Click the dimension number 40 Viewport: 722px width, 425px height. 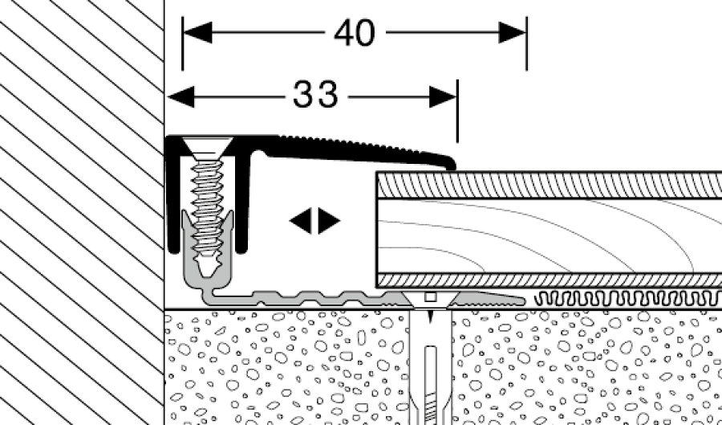(x=354, y=33)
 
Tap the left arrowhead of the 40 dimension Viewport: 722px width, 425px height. (x=197, y=33)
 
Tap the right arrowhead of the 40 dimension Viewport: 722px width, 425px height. (x=512, y=33)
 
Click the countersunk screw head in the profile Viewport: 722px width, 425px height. (x=207, y=148)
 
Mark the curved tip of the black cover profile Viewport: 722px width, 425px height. (x=449, y=165)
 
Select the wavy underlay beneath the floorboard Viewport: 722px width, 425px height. (x=626, y=299)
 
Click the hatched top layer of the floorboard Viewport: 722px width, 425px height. (x=546, y=186)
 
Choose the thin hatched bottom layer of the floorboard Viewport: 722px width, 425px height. (x=546, y=279)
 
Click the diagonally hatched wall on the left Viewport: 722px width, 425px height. (x=80, y=209)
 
